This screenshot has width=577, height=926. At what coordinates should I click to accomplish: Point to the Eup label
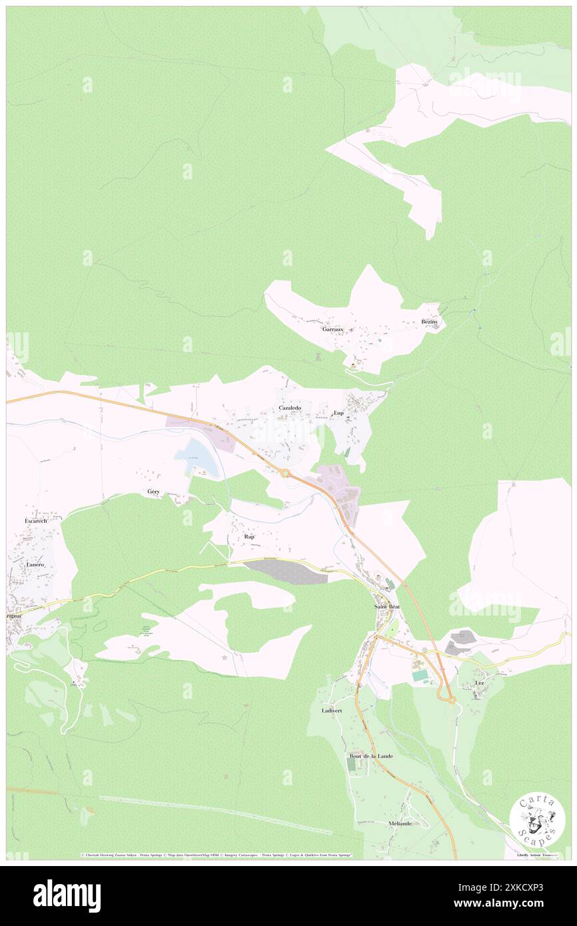pos(338,413)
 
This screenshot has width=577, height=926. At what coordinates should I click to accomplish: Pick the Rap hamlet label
pos(250,536)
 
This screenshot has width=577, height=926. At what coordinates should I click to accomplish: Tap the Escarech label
pos(35,520)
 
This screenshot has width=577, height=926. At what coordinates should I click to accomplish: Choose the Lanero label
pos(35,564)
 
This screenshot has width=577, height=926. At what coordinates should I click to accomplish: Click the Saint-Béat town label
pos(386,608)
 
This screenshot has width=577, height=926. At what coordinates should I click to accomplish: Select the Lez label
pos(480,684)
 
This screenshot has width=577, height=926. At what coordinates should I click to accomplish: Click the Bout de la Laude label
pos(371,756)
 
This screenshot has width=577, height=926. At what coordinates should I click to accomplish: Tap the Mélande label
pos(400,823)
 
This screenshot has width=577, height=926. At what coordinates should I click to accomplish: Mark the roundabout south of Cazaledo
pos(286,474)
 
